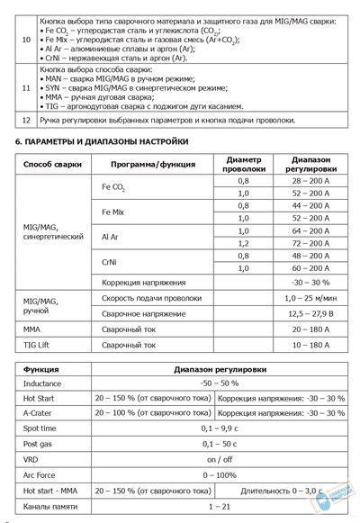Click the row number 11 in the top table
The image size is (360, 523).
(x=26, y=87)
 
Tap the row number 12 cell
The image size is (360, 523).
(x=26, y=119)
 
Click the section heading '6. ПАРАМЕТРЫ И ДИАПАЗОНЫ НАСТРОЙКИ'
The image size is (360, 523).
(x=102, y=142)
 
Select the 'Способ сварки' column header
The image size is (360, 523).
(x=52, y=165)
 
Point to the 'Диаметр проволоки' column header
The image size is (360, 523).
(x=243, y=165)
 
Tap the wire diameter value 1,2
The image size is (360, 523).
(x=243, y=243)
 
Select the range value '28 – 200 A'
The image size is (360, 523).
(x=310, y=181)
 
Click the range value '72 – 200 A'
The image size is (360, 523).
(x=310, y=243)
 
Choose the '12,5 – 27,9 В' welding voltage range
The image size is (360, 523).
(x=309, y=313)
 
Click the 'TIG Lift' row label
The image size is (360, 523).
(x=40, y=345)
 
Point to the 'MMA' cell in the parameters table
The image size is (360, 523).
(x=33, y=329)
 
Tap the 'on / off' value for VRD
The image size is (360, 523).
(x=219, y=459)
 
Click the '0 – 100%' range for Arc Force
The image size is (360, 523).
(x=219, y=474)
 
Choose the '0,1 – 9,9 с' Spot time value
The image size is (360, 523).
(x=219, y=428)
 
